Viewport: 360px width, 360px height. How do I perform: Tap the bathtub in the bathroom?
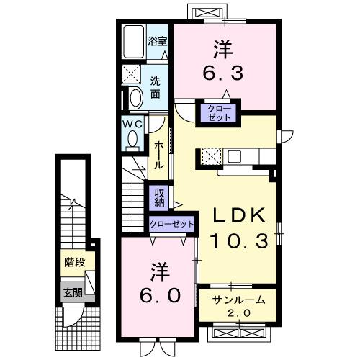pos(133,42)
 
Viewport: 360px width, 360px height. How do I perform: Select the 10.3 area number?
pos(239,240)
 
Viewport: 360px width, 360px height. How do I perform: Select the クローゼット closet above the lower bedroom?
pos(173,225)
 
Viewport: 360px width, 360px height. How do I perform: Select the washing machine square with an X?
pos(132,73)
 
